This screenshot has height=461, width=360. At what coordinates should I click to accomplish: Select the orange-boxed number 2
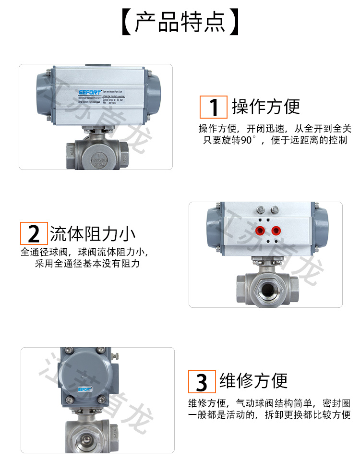tap(34, 234)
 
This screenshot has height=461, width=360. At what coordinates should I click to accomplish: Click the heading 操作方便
tap(266, 106)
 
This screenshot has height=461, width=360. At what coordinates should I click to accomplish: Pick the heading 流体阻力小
tap(93, 234)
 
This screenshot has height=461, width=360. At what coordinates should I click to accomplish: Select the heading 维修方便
tap(253, 381)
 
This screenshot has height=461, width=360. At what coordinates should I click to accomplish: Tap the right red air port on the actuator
tap(276, 230)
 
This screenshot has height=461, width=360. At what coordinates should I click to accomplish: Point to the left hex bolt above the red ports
tap(261, 210)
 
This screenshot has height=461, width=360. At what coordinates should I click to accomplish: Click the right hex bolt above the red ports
tap(275, 210)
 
